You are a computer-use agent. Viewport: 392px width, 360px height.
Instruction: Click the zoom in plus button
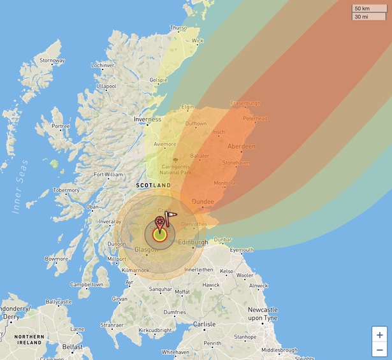click(x=380, y=335)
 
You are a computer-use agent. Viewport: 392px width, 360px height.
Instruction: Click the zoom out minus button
click(x=380, y=350)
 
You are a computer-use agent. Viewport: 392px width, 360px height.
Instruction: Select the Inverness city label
click(x=147, y=119)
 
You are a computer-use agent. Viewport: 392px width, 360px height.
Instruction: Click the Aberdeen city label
click(x=241, y=147)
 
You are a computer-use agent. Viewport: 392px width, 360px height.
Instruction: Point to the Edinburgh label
click(x=192, y=242)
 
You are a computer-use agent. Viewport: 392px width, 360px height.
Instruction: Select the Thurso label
click(x=178, y=28)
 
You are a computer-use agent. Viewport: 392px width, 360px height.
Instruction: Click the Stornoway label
click(x=52, y=61)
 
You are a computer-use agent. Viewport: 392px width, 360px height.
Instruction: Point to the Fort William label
click(x=108, y=174)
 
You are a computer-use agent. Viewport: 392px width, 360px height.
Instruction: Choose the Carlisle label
click(x=205, y=324)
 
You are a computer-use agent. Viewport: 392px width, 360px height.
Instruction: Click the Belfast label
click(x=72, y=347)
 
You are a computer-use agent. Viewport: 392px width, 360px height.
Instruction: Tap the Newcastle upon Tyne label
click(x=262, y=313)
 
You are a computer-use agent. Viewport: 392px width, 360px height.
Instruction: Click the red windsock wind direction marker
click(x=171, y=218)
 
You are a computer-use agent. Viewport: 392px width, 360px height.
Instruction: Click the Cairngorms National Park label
click(x=175, y=169)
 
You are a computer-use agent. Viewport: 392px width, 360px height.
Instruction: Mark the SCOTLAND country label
click(x=153, y=185)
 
